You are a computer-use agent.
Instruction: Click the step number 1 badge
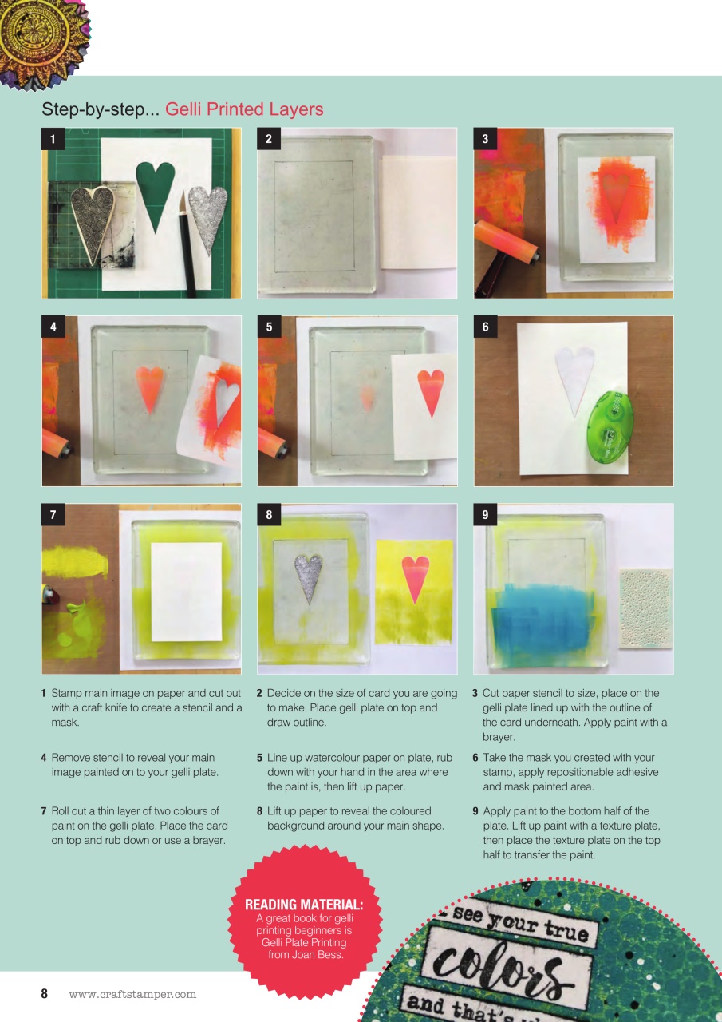(53, 139)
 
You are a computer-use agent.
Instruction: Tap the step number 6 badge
(485, 327)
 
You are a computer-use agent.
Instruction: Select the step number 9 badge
(485, 515)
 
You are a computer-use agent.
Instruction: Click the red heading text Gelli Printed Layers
(244, 109)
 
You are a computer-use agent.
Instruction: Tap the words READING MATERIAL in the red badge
(303, 905)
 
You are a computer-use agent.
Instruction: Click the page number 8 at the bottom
(45, 994)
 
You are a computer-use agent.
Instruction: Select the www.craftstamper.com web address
(132, 995)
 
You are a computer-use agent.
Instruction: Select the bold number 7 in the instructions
(44, 811)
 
